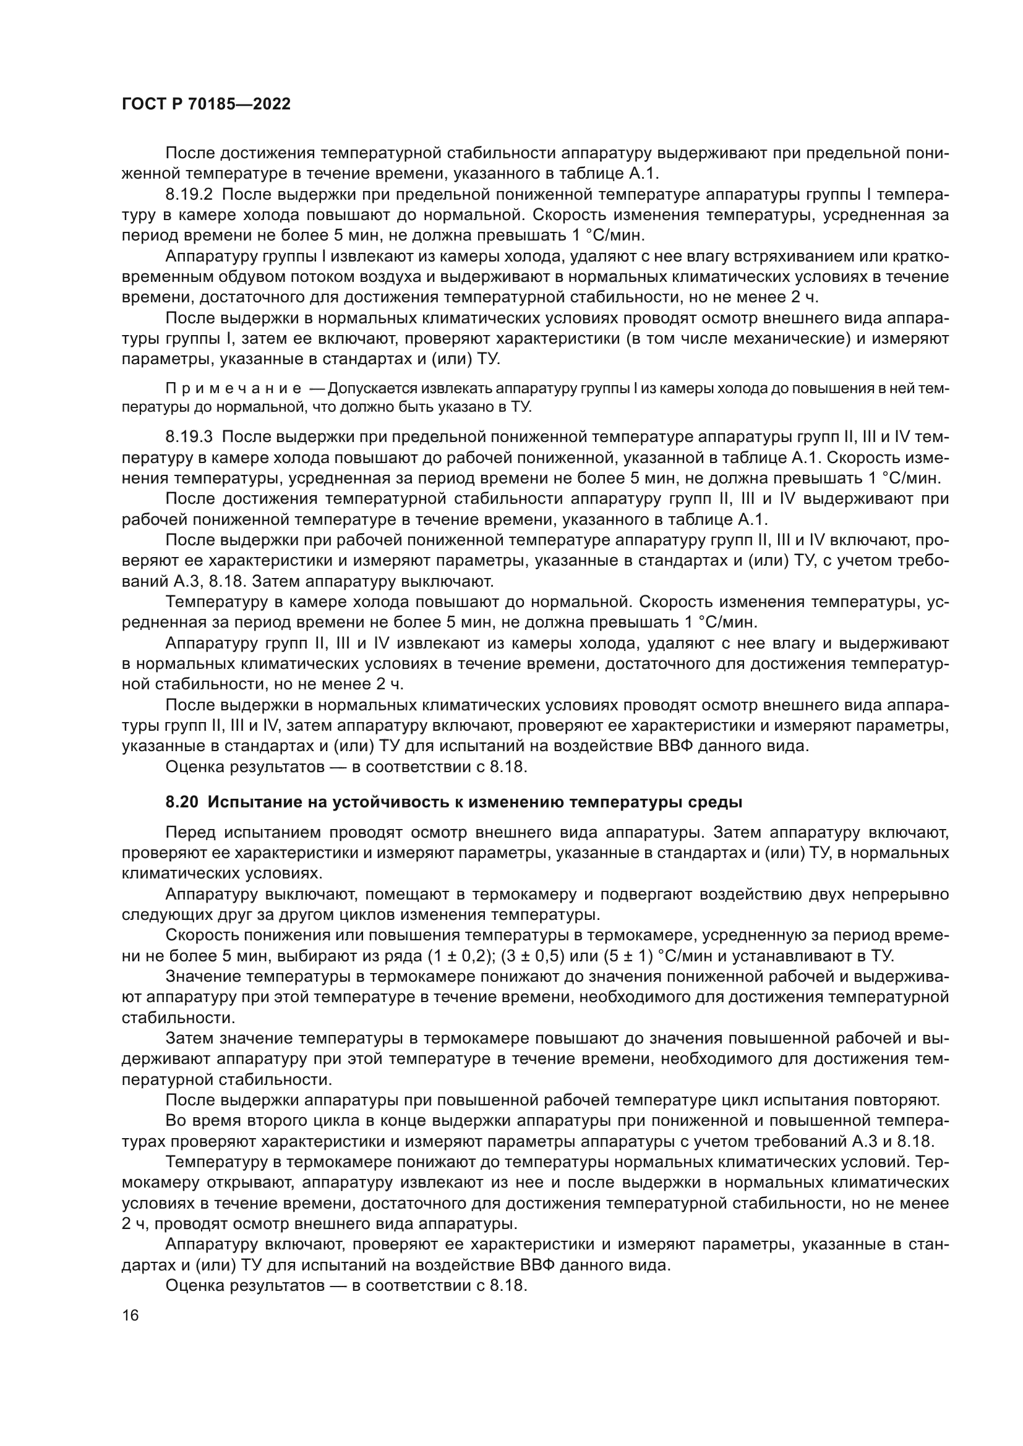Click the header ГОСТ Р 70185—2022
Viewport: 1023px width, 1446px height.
206,104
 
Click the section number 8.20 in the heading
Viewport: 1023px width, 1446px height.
182,802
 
